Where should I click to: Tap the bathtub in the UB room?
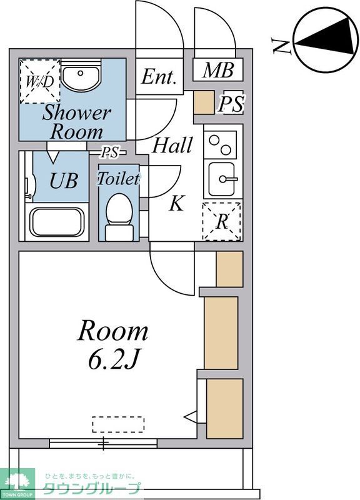(x=57, y=222)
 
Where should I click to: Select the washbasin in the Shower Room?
(x=81, y=76)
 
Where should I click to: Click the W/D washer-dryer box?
(x=40, y=82)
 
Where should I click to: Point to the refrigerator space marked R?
(x=222, y=221)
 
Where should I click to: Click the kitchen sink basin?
(x=222, y=179)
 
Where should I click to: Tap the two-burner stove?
(x=220, y=145)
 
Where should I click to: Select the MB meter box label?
(x=218, y=70)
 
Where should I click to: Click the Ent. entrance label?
(x=159, y=77)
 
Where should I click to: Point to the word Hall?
(x=172, y=145)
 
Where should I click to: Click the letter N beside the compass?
(x=281, y=45)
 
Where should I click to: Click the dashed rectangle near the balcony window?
(x=118, y=424)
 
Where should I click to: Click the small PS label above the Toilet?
(x=109, y=152)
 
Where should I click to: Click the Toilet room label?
(x=118, y=179)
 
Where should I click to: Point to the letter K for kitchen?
(x=177, y=203)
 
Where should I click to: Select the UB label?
(x=64, y=181)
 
